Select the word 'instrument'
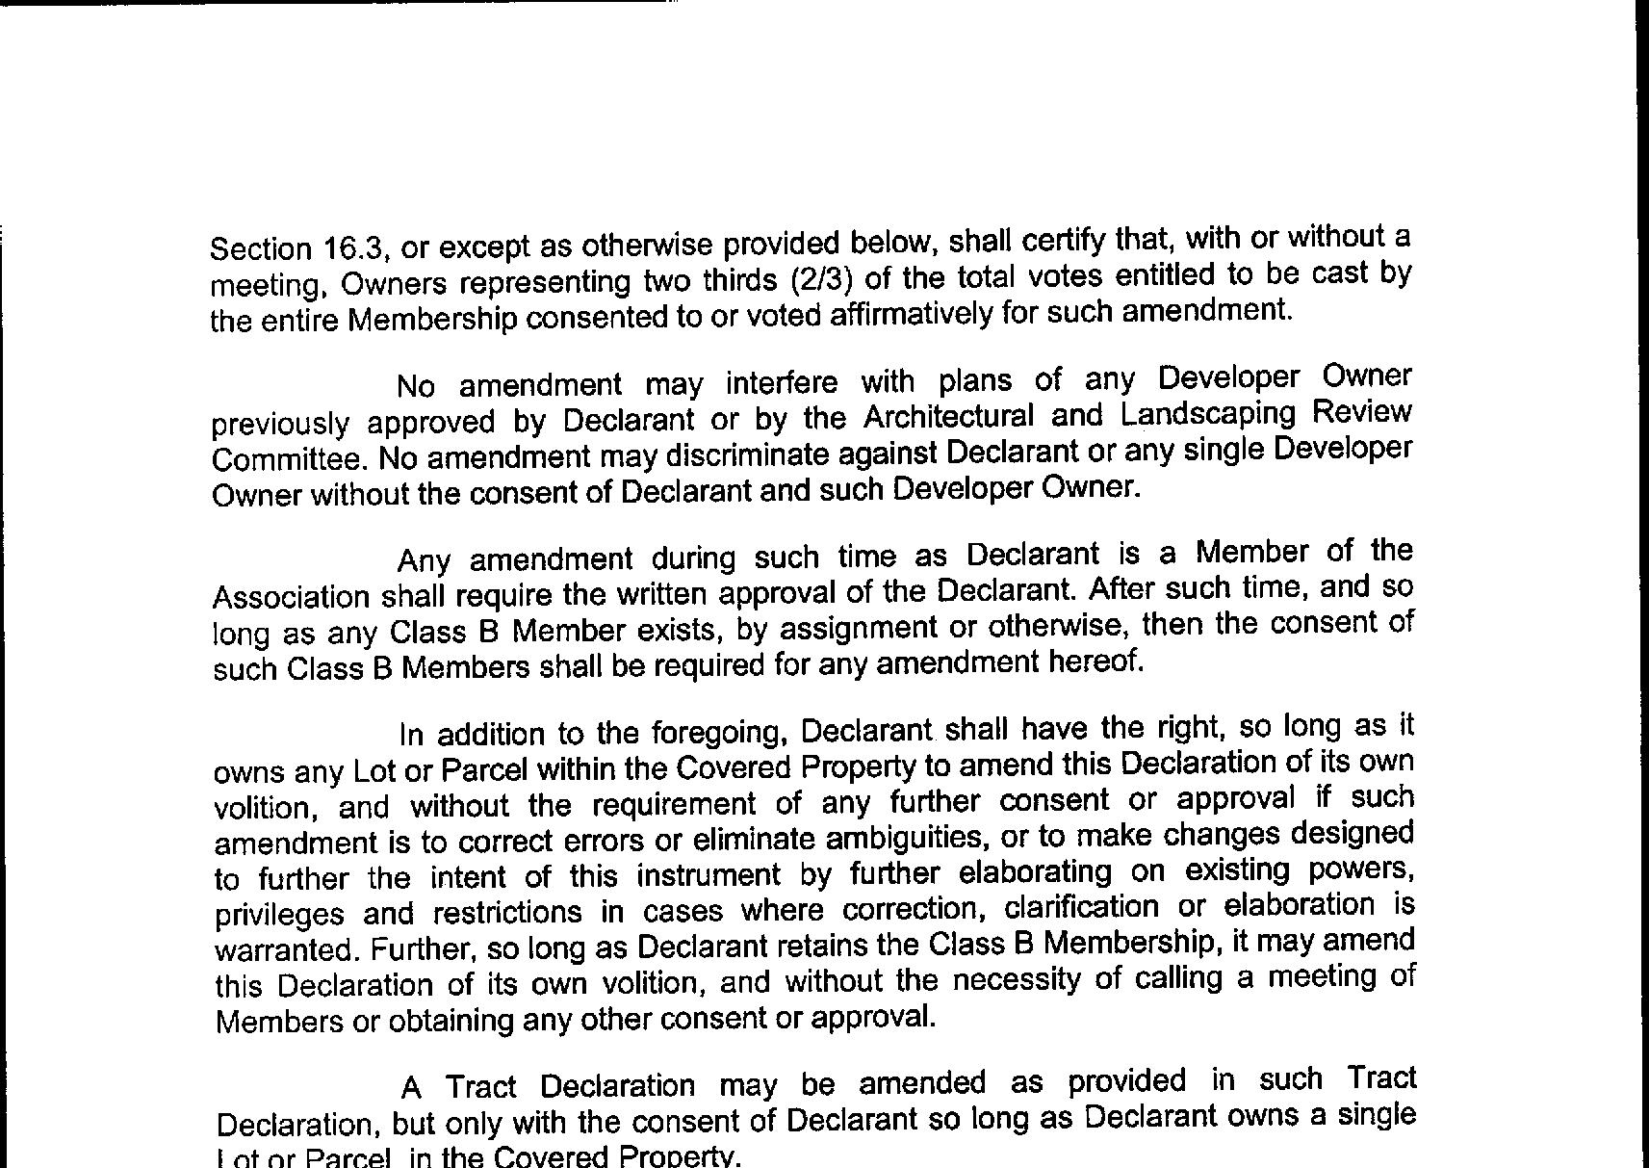(709, 875)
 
